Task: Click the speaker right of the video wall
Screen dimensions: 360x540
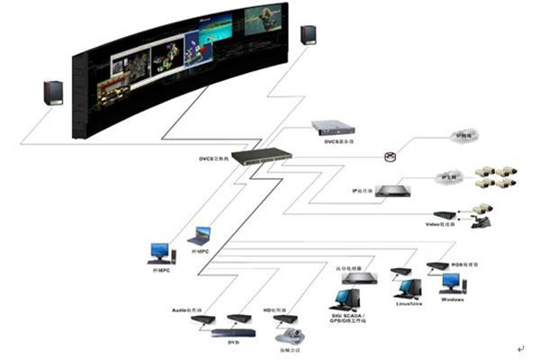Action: click(x=308, y=34)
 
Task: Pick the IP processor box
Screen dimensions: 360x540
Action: click(x=393, y=190)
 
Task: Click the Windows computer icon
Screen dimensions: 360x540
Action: click(x=451, y=283)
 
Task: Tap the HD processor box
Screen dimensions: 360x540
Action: click(x=285, y=319)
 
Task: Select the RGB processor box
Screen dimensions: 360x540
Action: click(x=437, y=265)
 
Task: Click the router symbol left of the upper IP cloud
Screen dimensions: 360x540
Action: click(x=390, y=157)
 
